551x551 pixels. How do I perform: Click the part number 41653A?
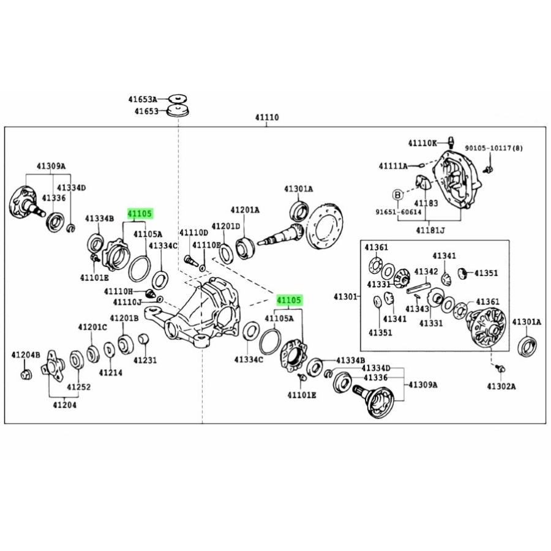pos(143,99)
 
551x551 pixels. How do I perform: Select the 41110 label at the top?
pos(267,117)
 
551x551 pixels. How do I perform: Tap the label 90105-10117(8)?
pos(493,148)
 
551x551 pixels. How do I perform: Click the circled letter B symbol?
pos(397,194)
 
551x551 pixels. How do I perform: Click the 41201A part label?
pos(245,210)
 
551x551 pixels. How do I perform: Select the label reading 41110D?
pos(193,233)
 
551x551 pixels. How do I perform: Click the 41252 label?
pos(79,387)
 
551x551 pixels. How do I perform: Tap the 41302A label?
pos(501,386)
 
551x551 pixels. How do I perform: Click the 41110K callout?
pos(422,143)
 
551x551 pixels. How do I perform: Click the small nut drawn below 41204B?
pos(26,374)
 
